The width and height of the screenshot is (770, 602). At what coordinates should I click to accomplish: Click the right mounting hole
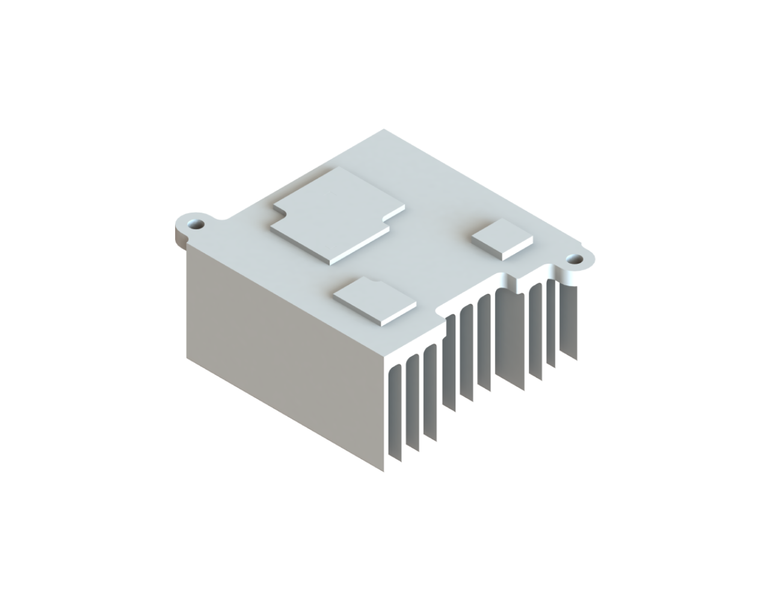click(x=575, y=259)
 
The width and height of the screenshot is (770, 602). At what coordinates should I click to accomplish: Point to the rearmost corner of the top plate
click(x=385, y=130)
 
